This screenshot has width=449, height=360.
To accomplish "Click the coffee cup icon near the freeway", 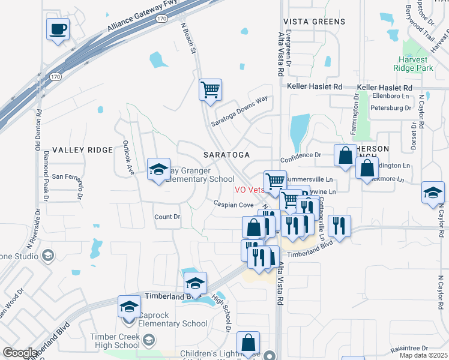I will pyautogui.click(x=58, y=29).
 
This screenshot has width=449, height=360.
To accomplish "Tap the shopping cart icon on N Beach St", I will pyautogui.click(x=210, y=90).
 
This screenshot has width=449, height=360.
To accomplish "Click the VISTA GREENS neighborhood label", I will pyautogui.click(x=315, y=22).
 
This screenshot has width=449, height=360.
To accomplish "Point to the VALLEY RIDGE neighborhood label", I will pyautogui.click(x=82, y=149).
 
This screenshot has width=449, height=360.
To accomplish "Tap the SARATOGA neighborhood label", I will pyautogui.click(x=226, y=155).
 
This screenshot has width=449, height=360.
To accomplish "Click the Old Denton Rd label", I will pyautogui.click(x=39, y=130).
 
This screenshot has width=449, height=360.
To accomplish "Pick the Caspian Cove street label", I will pyautogui.click(x=234, y=205).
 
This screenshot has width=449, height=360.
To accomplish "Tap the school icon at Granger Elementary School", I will pyautogui.click(x=159, y=170).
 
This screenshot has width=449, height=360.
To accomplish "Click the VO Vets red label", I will pyautogui.click(x=249, y=190).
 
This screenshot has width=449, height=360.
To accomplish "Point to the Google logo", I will pyautogui.click(x=19, y=353).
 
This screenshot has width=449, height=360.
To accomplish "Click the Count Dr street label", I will pyautogui.click(x=167, y=217).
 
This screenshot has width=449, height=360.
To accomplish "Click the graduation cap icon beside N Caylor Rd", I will pyautogui.click(x=432, y=193).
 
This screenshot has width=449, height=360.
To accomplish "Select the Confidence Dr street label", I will pyautogui.click(x=301, y=154).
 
